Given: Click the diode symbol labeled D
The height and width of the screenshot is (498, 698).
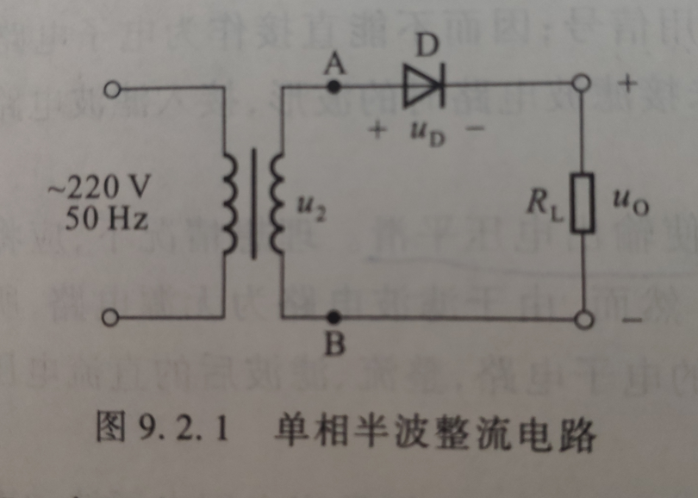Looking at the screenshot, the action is tap(423, 86).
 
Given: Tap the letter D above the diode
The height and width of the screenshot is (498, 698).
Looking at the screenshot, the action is tap(424, 47).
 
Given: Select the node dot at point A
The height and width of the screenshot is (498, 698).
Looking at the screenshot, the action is tap(334, 86).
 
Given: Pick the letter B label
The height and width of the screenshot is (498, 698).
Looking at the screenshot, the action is tap(334, 345).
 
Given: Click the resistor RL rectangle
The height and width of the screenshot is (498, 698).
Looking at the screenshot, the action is tap(583, 203).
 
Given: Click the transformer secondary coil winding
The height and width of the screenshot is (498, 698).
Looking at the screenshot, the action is tap(276, 203).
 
